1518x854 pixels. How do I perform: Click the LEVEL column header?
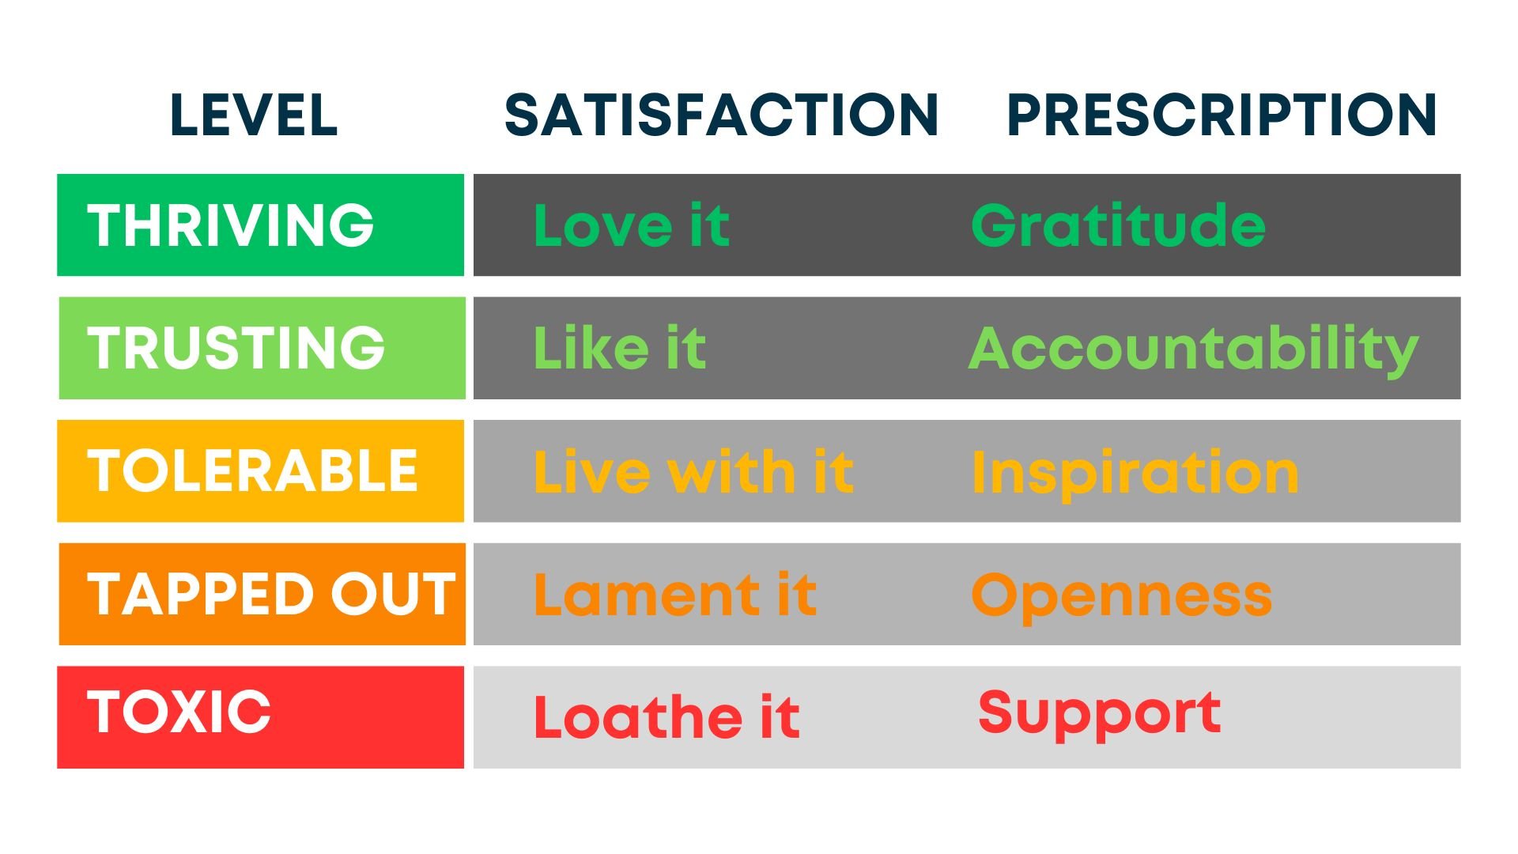(x=254, y=115)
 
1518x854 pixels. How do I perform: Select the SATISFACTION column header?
(x=721, y=115)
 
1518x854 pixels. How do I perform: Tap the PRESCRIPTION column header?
(x=1222, y=115)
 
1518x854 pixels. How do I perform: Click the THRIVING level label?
(x=230, y=225)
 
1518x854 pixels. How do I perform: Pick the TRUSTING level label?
(x=236, y=348)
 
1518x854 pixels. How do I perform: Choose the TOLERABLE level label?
(x=252, y=471)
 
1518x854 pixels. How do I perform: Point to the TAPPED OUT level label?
(x=271, y=594)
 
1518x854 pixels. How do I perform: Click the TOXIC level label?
(x=179, y=711)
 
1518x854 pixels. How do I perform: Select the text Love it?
(x=631, y=225)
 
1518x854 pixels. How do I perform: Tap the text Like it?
(x=619, y=348)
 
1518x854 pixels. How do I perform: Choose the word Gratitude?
(x=1118, y=225)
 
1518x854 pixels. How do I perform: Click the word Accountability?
(x=1194, y=350)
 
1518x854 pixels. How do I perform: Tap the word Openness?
(x=1121, y=597)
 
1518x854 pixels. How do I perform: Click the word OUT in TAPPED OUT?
(x=393, y=594)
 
